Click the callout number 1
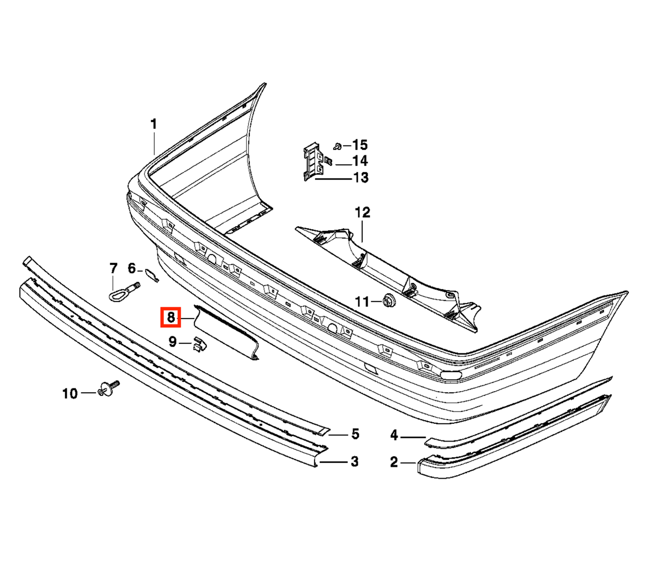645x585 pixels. [x=154, y=125]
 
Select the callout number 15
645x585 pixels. [x=360, y=145]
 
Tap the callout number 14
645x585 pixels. [x=360, y=161]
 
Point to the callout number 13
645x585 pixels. [x=361, y=177]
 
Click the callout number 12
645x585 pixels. [x=362, y=213]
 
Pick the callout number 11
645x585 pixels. [x=362, y=302]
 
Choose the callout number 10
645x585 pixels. [x=70, y=393]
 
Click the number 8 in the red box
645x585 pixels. [x=171, y=317]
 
